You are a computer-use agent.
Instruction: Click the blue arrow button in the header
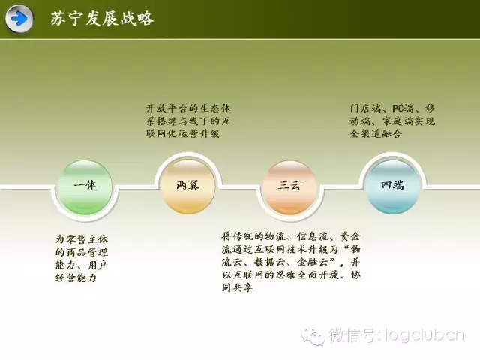tap(19, 19)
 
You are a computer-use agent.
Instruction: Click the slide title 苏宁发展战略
tap(102, 18)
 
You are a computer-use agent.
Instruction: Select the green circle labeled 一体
tap(85, 187)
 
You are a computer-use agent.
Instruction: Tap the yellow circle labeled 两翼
tap(187, 186)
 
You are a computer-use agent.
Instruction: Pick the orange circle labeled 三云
tap(289, 187)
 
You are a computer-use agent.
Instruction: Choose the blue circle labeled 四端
tap(392, 186)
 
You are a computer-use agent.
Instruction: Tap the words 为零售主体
tap(82, 238)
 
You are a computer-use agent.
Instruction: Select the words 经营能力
tap(76, 277)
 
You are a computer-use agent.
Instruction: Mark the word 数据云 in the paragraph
tap(270, 262)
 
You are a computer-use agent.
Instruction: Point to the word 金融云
tap(313, 262)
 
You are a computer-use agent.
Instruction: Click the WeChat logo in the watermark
tap(313, 337)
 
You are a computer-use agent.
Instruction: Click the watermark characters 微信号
tap(352, 334)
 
